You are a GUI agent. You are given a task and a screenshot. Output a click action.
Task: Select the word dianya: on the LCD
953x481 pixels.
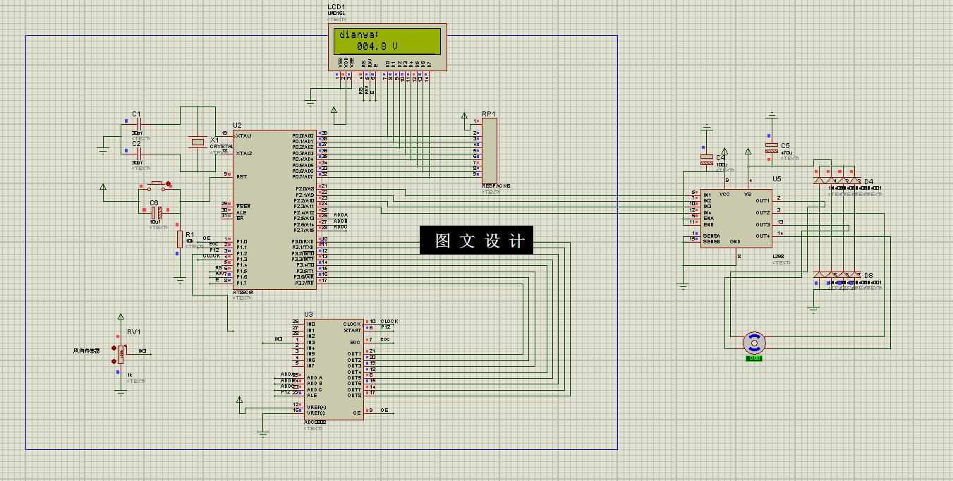[358, 35]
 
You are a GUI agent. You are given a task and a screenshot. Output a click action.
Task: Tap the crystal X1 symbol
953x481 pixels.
[198, 142]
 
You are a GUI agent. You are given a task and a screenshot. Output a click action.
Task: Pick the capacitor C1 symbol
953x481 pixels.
[139, 123]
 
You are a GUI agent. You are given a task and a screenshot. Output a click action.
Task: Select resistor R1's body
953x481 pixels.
[180, 240]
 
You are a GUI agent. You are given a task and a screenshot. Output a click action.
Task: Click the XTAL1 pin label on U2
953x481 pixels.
[244, 135]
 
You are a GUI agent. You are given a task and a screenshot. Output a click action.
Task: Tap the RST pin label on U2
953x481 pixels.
[241, 176]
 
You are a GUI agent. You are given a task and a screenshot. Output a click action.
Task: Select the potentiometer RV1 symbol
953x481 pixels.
[121, 351]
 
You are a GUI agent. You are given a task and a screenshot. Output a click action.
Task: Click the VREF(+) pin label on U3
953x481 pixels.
[317, 407]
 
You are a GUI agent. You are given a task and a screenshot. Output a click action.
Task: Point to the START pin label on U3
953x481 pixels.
[353, 330]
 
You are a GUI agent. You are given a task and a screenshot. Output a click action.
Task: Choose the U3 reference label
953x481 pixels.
[308, 314]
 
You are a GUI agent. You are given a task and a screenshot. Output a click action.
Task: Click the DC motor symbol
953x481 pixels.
[754, 343]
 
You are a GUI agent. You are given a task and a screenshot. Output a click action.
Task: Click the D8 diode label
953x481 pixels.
[868, 275]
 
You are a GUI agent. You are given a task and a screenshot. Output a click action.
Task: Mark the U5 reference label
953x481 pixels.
[777, 179]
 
